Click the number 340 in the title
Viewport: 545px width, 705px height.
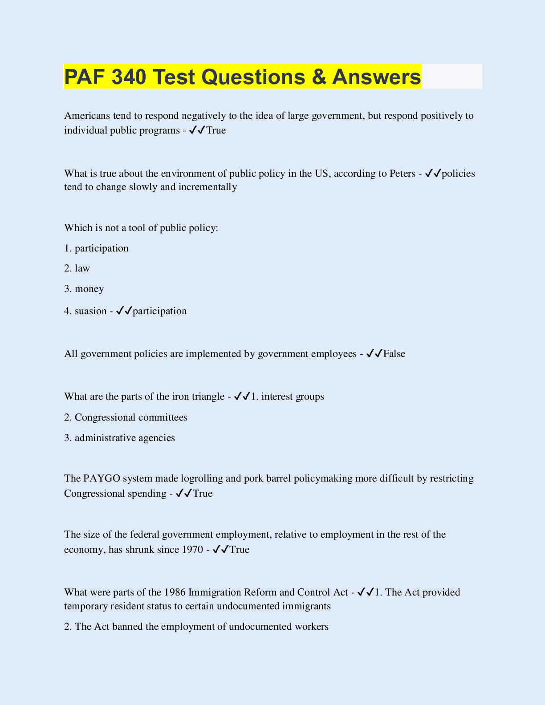click(129, 77)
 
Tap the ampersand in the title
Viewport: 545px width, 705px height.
click(318, 77)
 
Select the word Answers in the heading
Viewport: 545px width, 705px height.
click(376, 77)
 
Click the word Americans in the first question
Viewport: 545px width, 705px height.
click(87, 116)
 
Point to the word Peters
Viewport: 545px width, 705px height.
click(402, 173)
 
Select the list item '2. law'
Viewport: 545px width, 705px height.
click(77, 268)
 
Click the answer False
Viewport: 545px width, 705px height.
click(394, 354)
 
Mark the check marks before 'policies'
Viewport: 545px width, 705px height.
click(433, 173)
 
